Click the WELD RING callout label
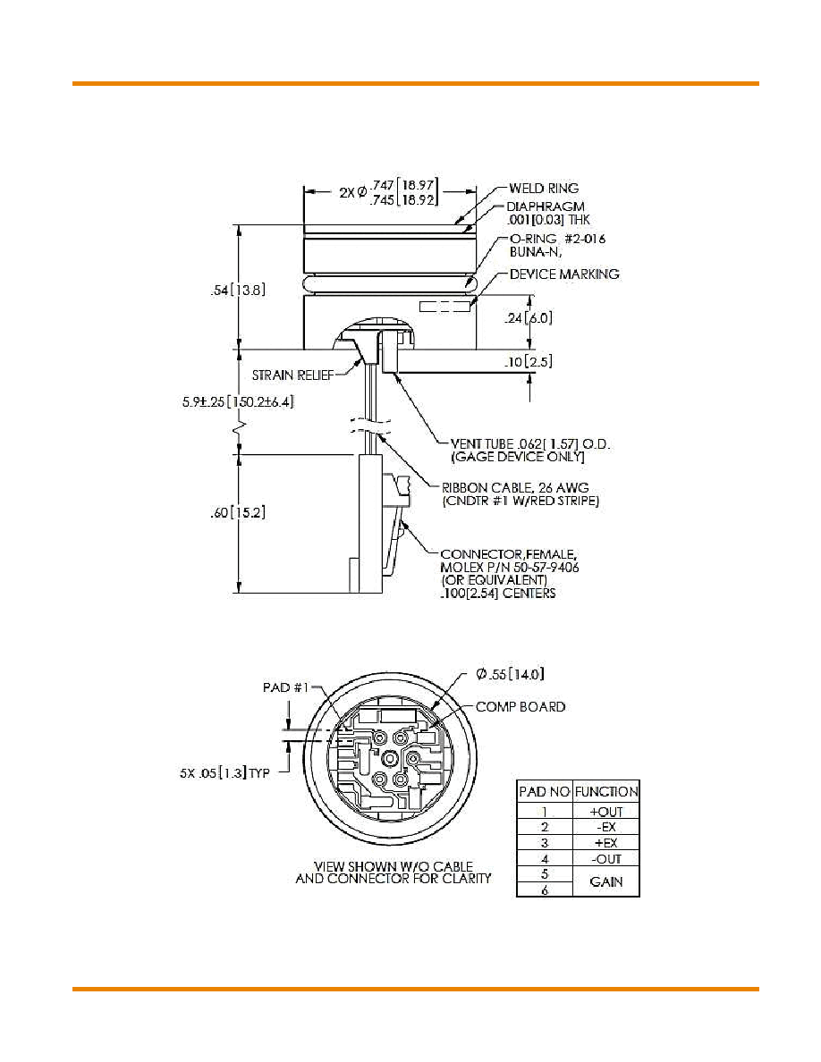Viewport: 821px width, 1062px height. (x=543, y=189)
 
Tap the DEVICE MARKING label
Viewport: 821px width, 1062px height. (x=564, y=274)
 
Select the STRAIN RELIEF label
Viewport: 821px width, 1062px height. (x=292, y=375)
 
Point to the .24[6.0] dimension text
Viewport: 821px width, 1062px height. (x=529, y=317)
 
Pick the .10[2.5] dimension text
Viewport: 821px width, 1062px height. (x=529, y=362)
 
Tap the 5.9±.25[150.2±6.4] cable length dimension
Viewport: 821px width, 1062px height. (x=238, y=401)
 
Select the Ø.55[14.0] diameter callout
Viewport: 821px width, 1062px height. (x=510, y=674)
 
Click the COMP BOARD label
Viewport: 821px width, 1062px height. (x=521, y=707)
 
